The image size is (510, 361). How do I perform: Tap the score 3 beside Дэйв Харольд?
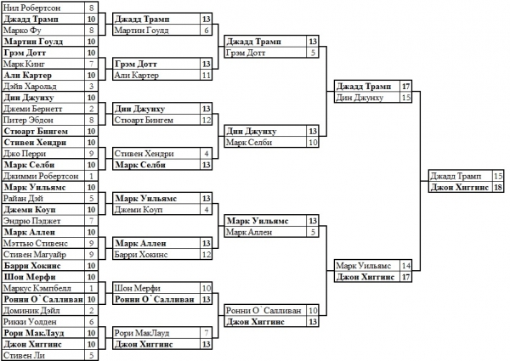pyautogui.click(x=90, y=86)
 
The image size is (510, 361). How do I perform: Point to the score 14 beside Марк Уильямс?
pyautogui.click(x=406, y=266)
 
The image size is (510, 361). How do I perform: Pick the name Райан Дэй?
pyautogui.click(x=25, y=198)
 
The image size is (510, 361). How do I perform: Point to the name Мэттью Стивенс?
pyautogui.click(x=34, y=243)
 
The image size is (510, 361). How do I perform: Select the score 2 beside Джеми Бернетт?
pyautogui.click(x=90, y=109)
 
